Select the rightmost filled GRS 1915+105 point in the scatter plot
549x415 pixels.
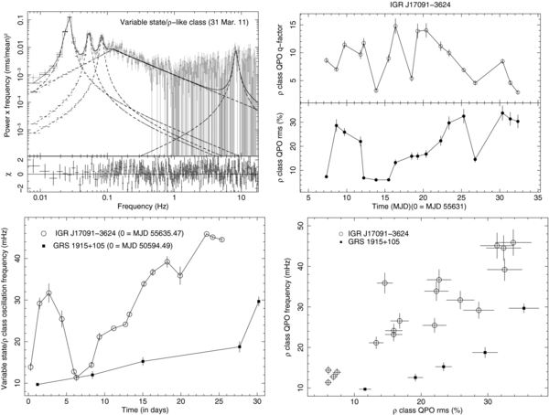coord(524,308)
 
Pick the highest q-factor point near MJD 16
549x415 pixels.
coord(395,27)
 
